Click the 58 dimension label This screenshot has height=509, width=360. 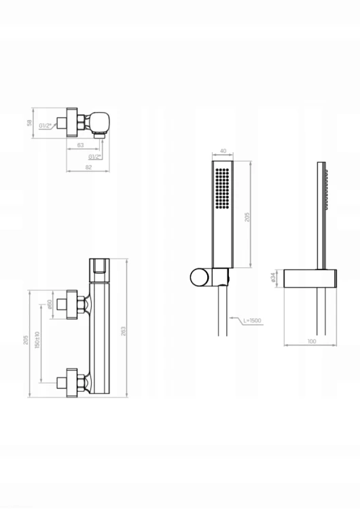tap(29, 123)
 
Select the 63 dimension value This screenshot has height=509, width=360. tap(81, 145)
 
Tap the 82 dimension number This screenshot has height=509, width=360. tap(88, 167)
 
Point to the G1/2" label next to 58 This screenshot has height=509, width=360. tap(46, 126)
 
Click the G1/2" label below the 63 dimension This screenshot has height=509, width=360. tap(95, 157)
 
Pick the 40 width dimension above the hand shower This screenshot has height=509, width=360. tap(223, 151)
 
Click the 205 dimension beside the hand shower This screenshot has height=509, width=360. tap(247, 217)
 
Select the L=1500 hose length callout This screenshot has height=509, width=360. tap(252, 321)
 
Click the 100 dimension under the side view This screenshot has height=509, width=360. tap(312, 341)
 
